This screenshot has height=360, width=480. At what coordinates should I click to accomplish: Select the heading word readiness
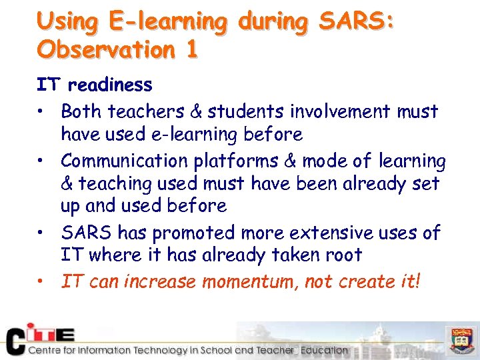110,85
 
